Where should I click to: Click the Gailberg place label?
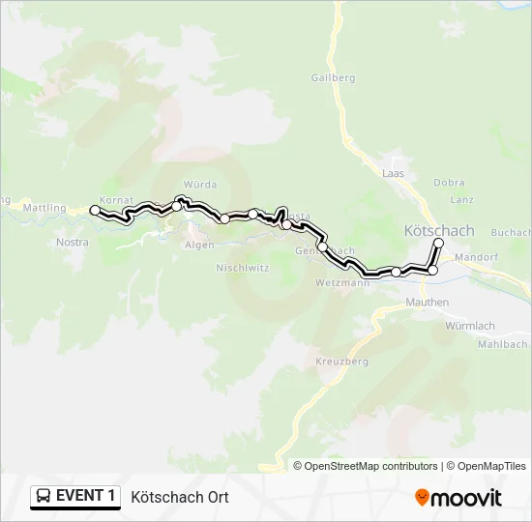(x=334, y=77)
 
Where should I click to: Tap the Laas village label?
(x=392, y=172)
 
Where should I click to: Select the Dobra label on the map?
(x=449, y=183)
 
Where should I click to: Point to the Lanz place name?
(x=461, y=199)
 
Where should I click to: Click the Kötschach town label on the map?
(x=438, y=230)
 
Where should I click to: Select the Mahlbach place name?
(x=504, y=343)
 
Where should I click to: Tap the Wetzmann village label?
(x=342, y=283)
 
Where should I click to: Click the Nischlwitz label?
(x=242, y=267)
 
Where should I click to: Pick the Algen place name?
(x=199, y=245)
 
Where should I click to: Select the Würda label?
(x=199, y=184)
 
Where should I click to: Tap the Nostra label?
(x=73, y=242)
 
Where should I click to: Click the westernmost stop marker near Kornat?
(x=95, y=210)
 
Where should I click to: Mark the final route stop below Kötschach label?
(x=438, y=243)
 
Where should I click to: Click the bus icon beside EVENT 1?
(x=44, y=497)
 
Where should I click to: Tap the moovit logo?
(x=458, y=498)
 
